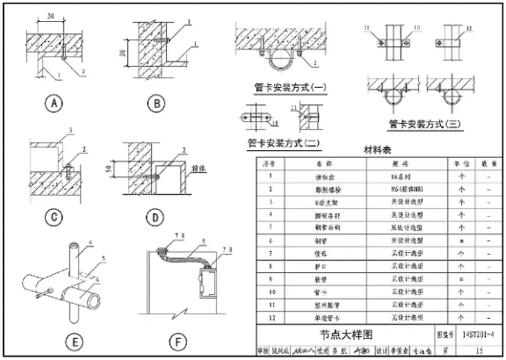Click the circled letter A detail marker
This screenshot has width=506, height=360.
55,104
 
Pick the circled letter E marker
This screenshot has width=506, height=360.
75,343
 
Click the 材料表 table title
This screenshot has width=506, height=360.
378,150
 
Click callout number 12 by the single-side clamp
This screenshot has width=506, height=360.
469,28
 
